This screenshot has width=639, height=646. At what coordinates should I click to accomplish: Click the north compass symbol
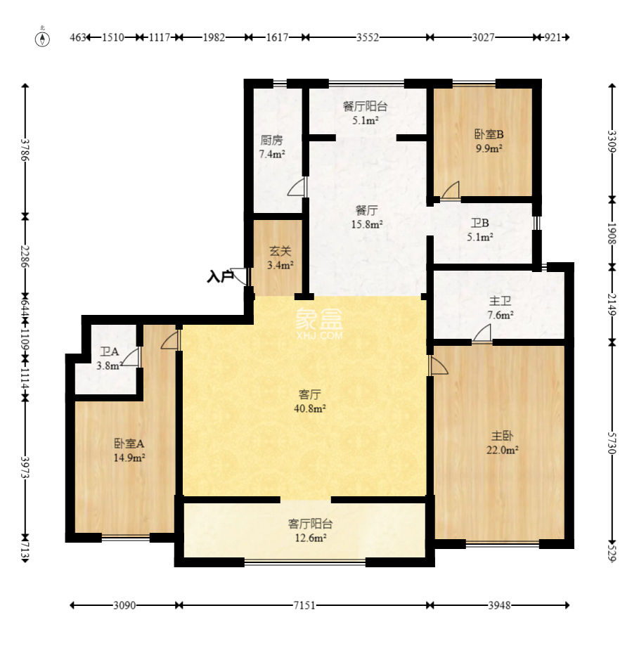42,37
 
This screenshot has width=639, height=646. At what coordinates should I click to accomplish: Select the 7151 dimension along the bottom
304,605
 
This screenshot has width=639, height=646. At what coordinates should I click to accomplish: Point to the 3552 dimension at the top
368,37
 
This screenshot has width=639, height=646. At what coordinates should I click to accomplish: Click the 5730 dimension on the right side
612,443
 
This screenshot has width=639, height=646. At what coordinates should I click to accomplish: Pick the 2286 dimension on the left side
25,256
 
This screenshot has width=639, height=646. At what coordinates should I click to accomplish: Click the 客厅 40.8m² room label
310,401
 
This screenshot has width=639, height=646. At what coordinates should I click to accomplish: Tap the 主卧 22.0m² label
502,442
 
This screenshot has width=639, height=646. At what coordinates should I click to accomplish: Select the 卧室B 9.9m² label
489,141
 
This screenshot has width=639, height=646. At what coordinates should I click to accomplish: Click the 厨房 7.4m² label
272,147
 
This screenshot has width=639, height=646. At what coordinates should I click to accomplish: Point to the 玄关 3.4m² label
280,258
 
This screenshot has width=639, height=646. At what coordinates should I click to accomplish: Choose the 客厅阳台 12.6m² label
310,531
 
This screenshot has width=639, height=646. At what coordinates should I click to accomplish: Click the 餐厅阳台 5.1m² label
365,113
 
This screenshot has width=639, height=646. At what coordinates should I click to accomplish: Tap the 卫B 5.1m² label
480,230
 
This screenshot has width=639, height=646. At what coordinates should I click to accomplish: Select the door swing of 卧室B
451,190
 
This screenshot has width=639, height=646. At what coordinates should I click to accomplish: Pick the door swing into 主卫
482,333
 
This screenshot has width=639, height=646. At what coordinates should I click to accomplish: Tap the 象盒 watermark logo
319,324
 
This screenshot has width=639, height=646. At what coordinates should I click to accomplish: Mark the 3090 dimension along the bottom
124,605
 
